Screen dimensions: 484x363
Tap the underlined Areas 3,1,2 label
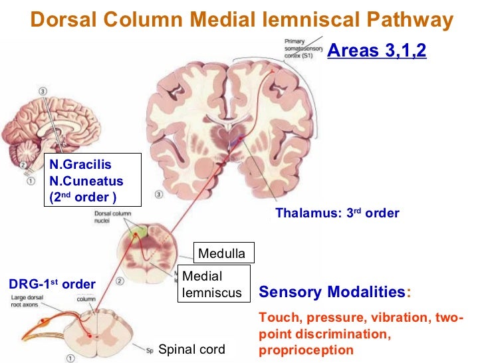[x=377, y=51]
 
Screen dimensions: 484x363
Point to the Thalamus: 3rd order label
[x=337, y=213]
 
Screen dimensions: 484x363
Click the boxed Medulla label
[x=221, y=253]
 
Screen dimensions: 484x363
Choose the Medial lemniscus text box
[x=212, y=284]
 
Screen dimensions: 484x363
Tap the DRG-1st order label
[x=52, y=285]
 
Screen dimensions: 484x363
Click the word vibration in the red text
[x=397, y=319]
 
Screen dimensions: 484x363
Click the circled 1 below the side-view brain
[x=31, y=180]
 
